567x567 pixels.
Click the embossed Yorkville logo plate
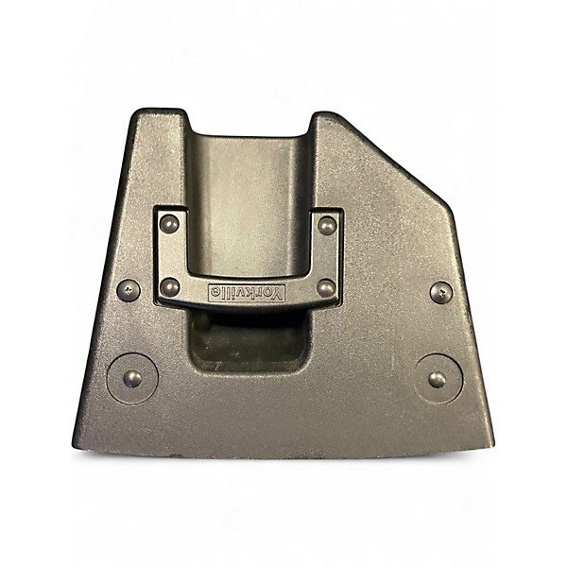[247, 293]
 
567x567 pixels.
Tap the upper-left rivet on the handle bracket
[169, 224]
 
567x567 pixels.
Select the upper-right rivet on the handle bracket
[327, 226]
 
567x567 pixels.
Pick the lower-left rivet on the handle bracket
[169, 287]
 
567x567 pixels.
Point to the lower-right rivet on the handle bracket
[327, 288]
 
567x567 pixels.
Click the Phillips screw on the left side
[129, 290]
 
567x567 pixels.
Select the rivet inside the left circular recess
[132, 379]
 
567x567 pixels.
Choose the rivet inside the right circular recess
[438, 379]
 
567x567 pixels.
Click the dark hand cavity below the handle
[249, 340]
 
